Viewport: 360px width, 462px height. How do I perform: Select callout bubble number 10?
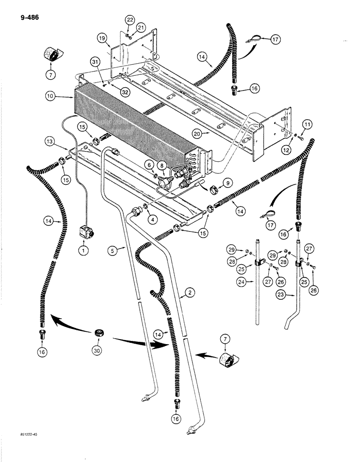coord(51,97)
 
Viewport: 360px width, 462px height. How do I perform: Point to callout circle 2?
coord(188,292)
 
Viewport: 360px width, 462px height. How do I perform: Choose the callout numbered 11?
coord(308,124)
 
